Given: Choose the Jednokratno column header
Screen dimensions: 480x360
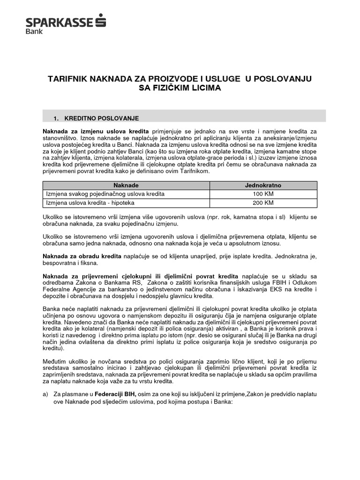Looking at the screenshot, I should [263, 185].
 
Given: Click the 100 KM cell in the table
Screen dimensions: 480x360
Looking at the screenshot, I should [263, 194].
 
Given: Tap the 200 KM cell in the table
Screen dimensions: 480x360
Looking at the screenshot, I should [263, 202].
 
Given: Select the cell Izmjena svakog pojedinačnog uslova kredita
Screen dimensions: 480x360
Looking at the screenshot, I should [105, 194].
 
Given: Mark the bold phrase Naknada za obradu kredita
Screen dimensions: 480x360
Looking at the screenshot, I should [82, 256].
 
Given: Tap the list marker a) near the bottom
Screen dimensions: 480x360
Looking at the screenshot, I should [45, 395].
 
